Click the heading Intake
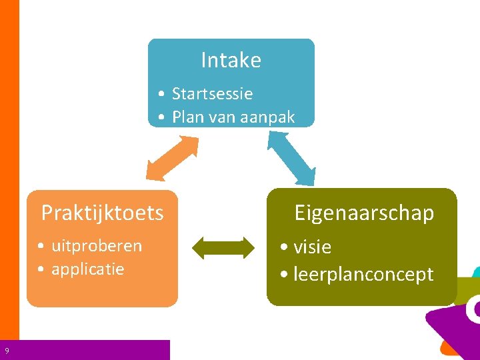tap(231, 61)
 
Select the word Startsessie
tap(212, 94)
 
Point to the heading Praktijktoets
tap(102, 213)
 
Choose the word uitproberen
tap(97, 245)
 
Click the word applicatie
tap(87, 269)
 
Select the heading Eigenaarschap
tap(364, 213)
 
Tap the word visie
tap(312, 247)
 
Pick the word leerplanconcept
tap(363, 275)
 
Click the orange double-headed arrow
tap(172, 158)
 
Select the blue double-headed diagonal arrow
tap(291, 157)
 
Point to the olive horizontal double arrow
tap(223, 247)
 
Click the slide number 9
tap(7, 351)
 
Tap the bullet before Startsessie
tap(162, 95)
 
